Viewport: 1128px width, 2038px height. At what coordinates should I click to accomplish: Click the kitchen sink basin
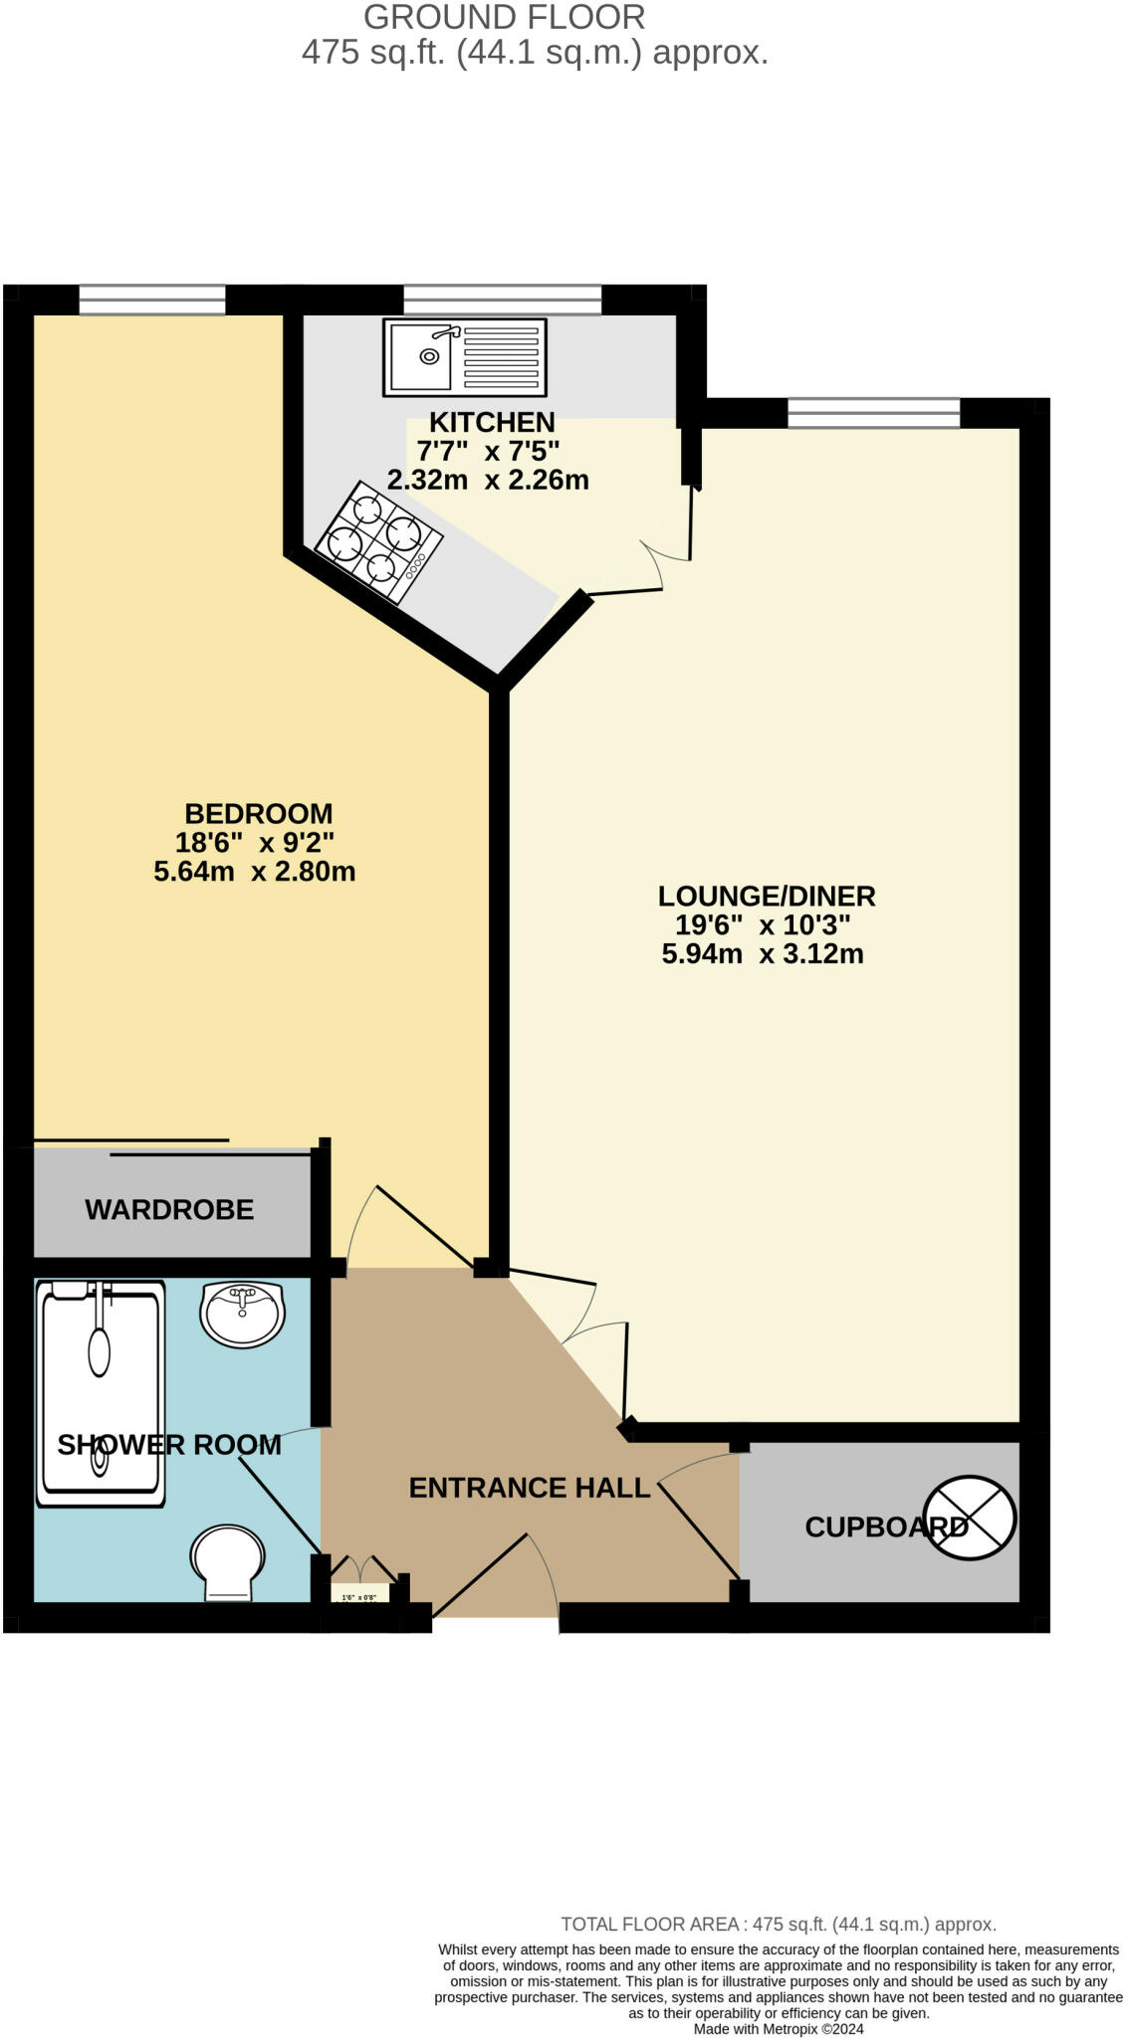click(x=421, y=355)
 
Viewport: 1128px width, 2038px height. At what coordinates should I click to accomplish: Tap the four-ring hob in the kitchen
click(x=378, y=542)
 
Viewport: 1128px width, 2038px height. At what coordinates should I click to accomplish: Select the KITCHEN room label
click(x=492, y=422)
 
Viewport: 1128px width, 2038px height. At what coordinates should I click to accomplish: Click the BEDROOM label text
click(x=259, y=814)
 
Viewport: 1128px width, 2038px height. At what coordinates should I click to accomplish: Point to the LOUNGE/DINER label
click(x=767, y=896)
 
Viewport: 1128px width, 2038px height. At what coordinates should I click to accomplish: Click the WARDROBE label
click(x=169, y=1209)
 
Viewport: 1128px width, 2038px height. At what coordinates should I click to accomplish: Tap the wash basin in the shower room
click(x=243, y=1314)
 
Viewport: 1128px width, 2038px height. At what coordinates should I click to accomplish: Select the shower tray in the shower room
click(x=100, y=1393)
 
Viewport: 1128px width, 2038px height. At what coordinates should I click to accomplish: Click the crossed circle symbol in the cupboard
click(x=970, y=1519)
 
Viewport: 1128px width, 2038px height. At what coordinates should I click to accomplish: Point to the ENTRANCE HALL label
click(x=530, y=1488)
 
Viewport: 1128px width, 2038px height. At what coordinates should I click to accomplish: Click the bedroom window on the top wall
click(x=152, y=300)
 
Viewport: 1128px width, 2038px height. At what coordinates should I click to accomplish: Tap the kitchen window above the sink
click(x=503, y=300)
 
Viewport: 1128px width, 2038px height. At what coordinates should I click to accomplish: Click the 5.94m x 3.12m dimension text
click(x=763, y=954)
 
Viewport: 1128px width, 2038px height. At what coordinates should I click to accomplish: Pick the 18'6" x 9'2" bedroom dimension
click(x=255, y=843)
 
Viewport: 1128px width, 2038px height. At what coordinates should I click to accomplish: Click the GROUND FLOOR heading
click(x=505, y=17)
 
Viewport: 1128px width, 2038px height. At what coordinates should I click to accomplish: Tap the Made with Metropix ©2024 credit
click(x=779, y=2028)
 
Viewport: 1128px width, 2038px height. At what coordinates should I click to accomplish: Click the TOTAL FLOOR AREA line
click(x=779, y=1924)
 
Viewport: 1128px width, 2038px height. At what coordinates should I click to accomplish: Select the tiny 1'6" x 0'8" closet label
click(x=358, y=1597)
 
